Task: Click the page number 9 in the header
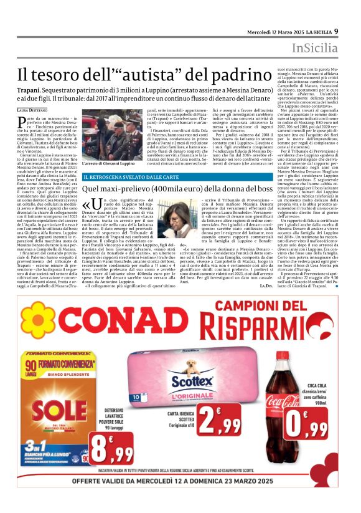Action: coord(336,31)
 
